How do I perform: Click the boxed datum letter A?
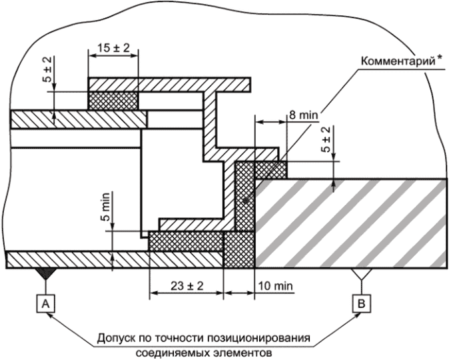tap(46, 304)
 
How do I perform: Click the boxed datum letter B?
tap(362, 303)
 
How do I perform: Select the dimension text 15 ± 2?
tap(113, 48)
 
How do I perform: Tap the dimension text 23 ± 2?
tap(187, 286)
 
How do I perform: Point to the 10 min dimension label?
tap(276, 286)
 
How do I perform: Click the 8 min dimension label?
tap(304, 115)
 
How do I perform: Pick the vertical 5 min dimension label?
tap(105, 207)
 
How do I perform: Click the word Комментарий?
tap(398, 61)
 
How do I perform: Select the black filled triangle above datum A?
tap(45, 274)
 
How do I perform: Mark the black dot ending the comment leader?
tap(245, 201)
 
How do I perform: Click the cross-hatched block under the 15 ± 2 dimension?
tap(113, 100)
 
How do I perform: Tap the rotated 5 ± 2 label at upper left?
tap(48, 69)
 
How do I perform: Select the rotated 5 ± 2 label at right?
tap(326, 139)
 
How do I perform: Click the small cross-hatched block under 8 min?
tap(270, 170)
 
